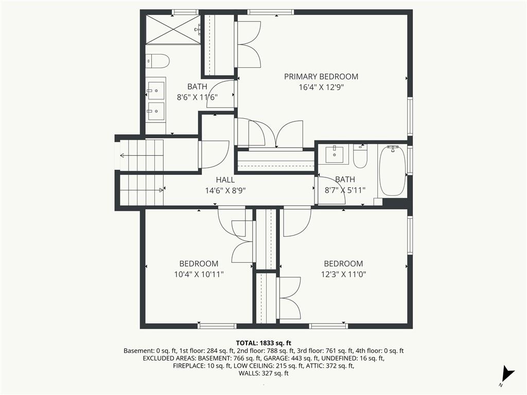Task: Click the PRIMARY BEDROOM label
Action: [321, 77]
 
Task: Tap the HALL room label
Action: [225, 179]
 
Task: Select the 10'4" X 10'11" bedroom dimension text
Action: [199, 275]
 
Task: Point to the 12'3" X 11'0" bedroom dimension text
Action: [343, 275]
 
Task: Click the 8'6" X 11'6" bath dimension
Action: [197, 97]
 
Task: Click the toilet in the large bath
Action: [157, 61]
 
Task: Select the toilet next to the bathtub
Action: [360, 156]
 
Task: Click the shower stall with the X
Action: [173, 29]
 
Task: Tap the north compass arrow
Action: [508, 373]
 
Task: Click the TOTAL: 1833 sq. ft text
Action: [263, 343]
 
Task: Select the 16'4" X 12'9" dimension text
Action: [321, 87]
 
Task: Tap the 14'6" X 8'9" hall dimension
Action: [225, 191]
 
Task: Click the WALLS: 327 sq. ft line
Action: [263, 373]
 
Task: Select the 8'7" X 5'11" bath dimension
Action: [345, 190]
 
